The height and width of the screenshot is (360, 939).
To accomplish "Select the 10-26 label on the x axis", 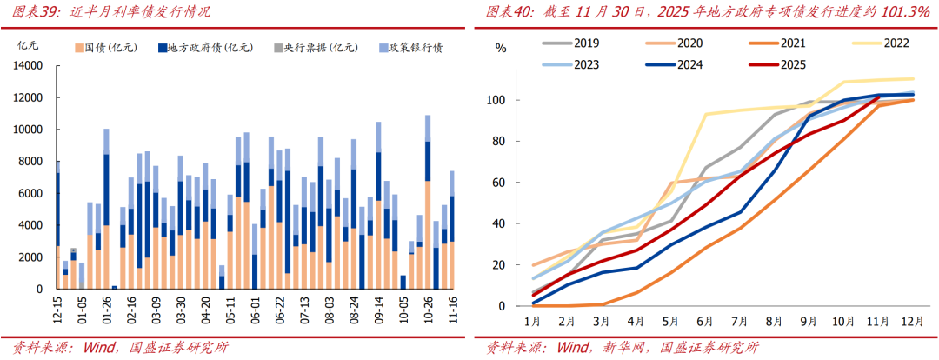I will (x=427, y=310).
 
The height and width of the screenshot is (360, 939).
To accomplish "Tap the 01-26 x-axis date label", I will (x=106, y=310).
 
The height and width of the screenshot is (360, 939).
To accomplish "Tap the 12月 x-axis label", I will (x=912, y=321).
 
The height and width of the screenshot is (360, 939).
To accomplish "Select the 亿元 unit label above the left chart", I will (x=28, y=48).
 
